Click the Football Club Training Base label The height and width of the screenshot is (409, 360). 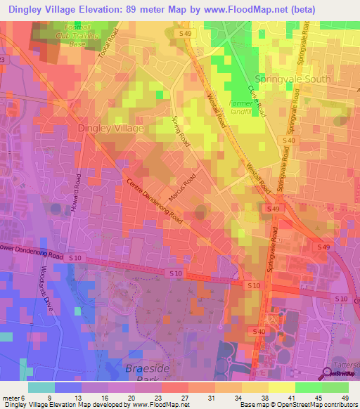pyautogui.click(x=86, y=37)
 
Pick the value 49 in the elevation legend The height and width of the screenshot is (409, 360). pyautogui.click(x=344, y=398)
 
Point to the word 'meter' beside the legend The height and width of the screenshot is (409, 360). pyautogui.click(x=12, y=398)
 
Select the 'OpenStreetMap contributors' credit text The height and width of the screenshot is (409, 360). pyautogui.click(x=309, y=405)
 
